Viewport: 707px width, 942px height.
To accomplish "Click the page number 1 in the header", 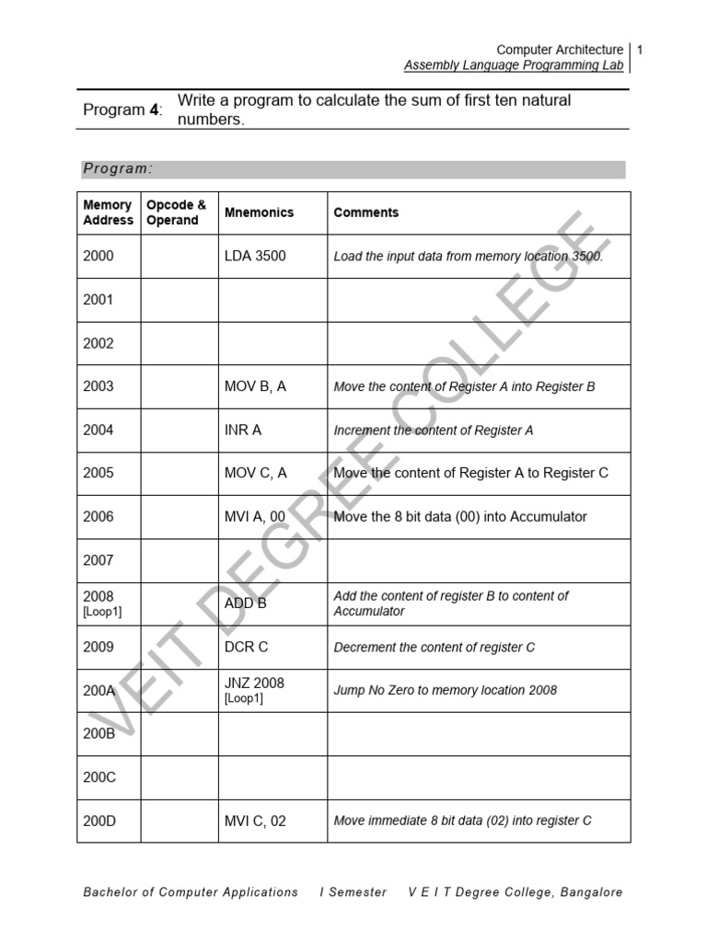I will pos(639,50).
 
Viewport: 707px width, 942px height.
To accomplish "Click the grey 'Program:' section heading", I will pos(118,169).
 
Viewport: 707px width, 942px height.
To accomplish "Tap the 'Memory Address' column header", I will pos(108,213).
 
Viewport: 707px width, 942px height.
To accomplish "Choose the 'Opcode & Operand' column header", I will pos(177,213).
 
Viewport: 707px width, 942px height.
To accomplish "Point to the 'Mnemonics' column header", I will pos(259,213).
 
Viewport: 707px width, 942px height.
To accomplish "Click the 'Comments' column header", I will pos(366,213).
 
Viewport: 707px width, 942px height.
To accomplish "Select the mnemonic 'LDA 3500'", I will pos(255,256).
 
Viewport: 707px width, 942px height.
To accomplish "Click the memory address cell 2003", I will pos(99,386).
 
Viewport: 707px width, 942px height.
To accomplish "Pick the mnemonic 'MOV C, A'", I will pos(256,473).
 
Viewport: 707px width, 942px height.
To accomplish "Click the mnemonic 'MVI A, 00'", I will pos(255,516).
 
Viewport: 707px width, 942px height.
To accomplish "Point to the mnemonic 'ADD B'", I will pos(246,603).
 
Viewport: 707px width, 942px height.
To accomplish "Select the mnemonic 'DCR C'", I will pos(247,647).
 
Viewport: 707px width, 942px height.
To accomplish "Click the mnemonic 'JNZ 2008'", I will pos(254,684).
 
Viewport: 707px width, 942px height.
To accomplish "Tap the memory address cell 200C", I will pos(99,777).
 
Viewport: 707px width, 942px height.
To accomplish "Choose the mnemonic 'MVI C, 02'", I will pos(255,821).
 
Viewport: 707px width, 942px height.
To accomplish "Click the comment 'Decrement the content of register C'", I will pos(434,648).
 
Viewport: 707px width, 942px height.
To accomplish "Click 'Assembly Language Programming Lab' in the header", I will pos(514,65).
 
